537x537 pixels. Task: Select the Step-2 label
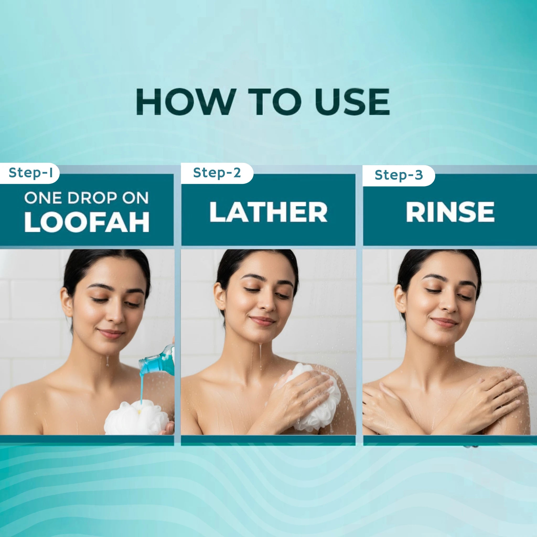pos(217,173)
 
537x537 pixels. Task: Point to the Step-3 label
pos(399,175)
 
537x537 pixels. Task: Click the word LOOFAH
pos(87,222)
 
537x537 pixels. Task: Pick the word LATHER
pos(268,212)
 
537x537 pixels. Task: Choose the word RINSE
pos(450,212)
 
